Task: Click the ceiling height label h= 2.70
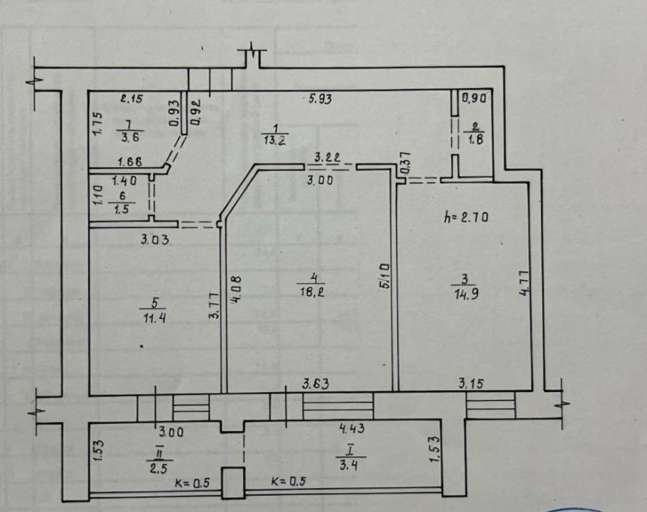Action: pos(465,216)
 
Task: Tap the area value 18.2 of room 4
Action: pos(312,292)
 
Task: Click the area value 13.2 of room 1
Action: pos(275,140)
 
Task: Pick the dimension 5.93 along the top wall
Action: pos(320,99)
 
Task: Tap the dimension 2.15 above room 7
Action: pos(131,99)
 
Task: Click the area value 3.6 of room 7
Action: pos(131,137)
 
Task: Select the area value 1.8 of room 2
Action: pos(476,139)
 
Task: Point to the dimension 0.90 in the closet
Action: pos(474,99)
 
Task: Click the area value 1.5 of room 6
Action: pos(122,209)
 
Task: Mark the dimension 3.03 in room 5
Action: pos(155,240)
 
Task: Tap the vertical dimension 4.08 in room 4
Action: pos(236,290)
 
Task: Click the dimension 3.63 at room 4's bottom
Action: pos(316,384)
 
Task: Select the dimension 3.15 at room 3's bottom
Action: pos(471,384)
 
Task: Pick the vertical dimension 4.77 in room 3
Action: pos(523,283)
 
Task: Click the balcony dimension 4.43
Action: pos(352,428)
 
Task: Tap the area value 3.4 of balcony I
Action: pos(348,466)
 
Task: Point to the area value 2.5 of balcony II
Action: pos(159,470)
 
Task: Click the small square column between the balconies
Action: pos(232,483)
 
